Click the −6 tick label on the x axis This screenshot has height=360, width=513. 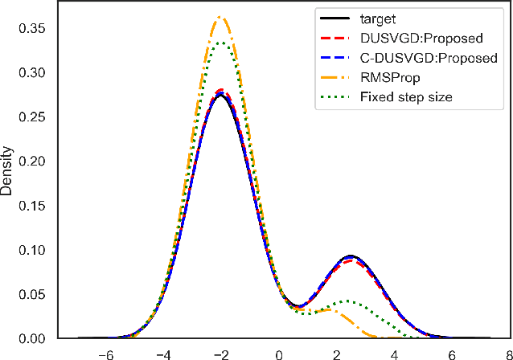(x=104, y=353)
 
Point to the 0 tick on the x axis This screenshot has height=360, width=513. (x=278, y=353)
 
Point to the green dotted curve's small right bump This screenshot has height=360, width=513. (x=347, y=301)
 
